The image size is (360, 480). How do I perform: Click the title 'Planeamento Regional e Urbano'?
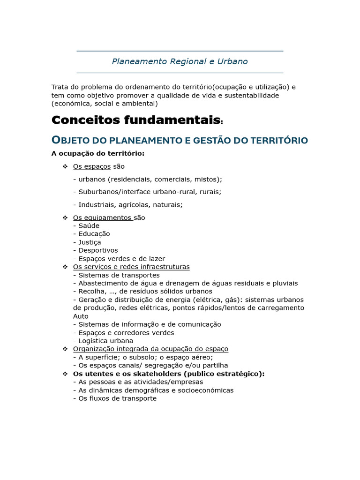180,61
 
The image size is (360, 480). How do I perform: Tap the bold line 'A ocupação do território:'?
97,153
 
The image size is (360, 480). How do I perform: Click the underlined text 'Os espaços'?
92,166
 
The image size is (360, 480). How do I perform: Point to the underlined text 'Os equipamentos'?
102,217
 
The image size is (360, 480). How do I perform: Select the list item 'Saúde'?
89,226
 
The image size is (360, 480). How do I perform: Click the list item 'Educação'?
94,234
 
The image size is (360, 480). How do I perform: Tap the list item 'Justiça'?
90,242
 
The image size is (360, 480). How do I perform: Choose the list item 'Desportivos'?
98,250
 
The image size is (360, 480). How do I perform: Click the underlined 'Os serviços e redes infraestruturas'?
131,267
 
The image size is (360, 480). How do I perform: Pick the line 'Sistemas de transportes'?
119,275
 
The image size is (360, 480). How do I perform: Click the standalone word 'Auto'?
81,316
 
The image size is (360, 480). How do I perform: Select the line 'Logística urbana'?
105,341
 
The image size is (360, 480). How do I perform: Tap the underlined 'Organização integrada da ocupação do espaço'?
150,349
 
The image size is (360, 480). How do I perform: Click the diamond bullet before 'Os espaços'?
65,166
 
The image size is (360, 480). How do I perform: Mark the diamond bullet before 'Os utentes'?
65,374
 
